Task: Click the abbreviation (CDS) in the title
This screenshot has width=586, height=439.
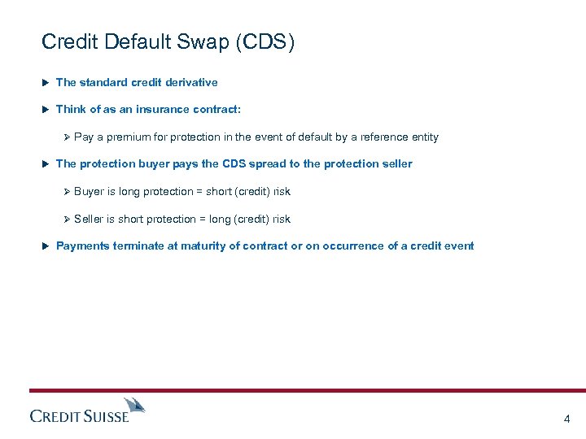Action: [265, 41]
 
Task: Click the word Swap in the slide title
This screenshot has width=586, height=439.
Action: [205, 41]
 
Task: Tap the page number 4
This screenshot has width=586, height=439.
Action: [566, 419]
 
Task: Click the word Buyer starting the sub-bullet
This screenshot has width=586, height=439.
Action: [89, 192]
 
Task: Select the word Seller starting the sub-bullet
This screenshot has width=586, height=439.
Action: [89, 219]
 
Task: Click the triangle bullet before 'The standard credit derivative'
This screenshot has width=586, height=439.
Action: [46, 82]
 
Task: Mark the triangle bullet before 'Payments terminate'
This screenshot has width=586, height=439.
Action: [46, 246]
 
